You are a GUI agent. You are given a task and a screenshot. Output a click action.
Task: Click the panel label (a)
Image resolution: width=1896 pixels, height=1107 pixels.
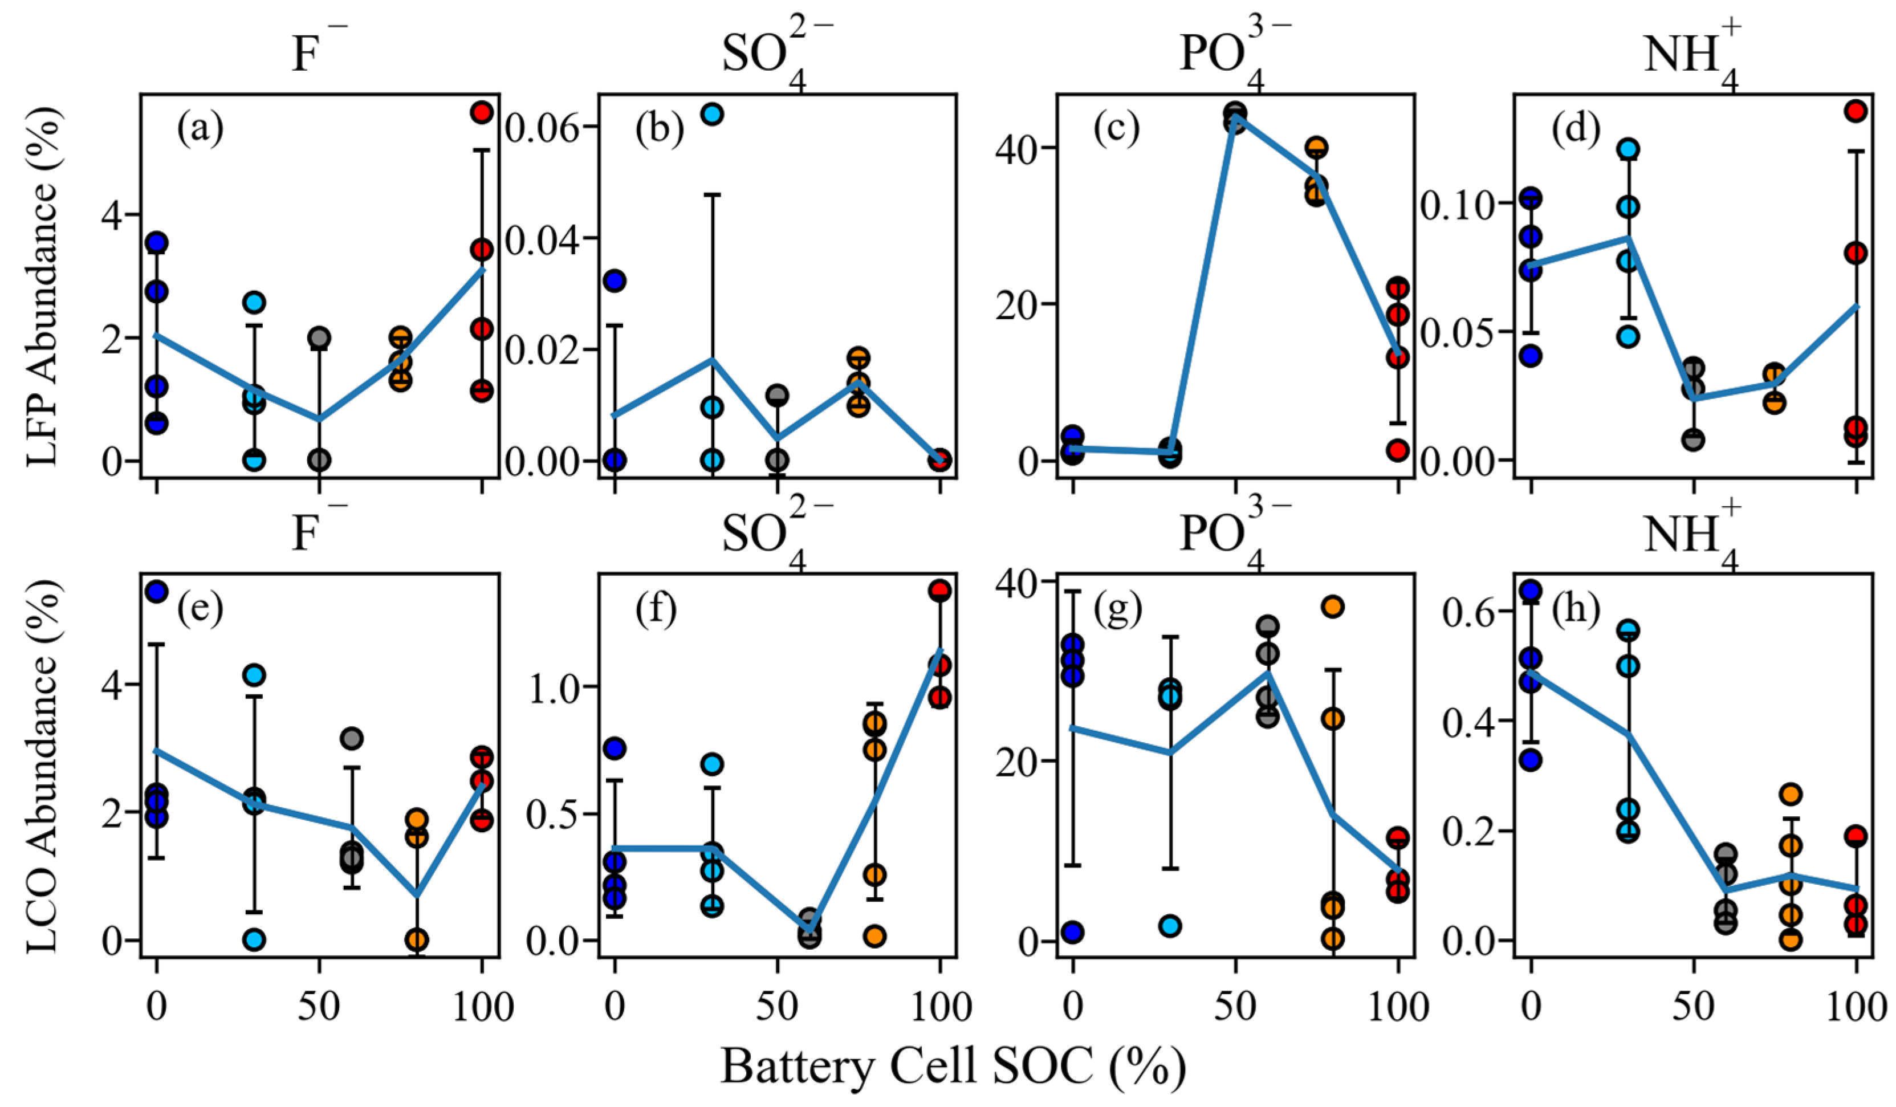[200, 129]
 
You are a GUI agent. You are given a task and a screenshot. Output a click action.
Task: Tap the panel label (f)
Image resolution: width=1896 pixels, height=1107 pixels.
[656, 608]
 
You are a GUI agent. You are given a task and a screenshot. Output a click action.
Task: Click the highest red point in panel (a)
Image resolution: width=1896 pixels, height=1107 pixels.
[482, 112]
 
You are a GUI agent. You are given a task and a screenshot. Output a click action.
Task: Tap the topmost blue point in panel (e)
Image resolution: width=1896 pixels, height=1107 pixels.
[157, 592]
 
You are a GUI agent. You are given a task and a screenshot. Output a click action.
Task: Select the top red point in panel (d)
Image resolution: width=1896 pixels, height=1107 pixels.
[1856, 111]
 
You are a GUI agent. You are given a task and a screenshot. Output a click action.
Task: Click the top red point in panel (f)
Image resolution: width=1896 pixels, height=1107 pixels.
[939, 591]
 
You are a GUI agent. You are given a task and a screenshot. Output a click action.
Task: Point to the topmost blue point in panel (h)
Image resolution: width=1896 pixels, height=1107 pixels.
[1531, 591]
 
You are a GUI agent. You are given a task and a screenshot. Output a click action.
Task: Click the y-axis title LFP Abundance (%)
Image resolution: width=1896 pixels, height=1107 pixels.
[42, 286]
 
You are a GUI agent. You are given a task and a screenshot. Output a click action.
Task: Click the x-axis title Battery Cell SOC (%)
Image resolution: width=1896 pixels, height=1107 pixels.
[953, 1065]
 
